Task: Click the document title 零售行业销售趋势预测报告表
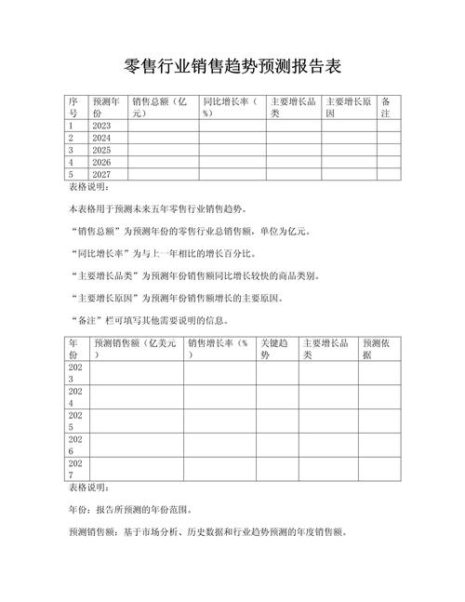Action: [x=232, y=66]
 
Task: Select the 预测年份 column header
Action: [x=104, y=106]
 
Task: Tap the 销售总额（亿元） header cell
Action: [x=162, y=106]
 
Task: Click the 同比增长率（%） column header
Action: [x=232, y=106]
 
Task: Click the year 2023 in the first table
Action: [x=101, y=126]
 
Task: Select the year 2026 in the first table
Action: [x=101, y=161]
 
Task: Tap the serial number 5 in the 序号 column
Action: [x=71, y=173]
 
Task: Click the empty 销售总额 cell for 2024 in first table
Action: [x=163, y=138]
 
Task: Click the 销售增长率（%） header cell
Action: [x=219, y=349]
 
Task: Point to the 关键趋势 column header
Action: [x=275, y=349]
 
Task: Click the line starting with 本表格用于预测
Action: [x=165, y=209]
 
